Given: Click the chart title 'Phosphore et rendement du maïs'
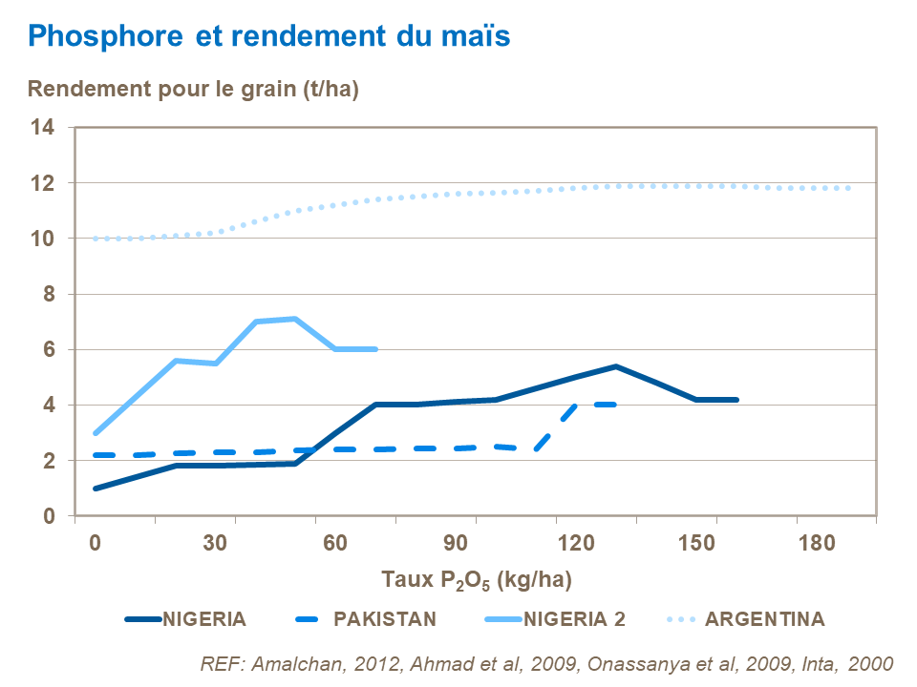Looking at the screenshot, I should click(269, 36).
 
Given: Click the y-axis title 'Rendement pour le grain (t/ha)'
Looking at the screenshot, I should click(193, 90).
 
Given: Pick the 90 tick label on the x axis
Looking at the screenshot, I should click(456, 542).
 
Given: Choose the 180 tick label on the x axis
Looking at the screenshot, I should click(816, 542).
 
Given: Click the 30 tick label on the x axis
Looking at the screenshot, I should click(215, 542).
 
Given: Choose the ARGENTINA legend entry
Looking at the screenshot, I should click(764, 618).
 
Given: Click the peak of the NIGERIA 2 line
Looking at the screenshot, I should click(296, 319).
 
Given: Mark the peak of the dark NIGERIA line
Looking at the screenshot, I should click(616, 366).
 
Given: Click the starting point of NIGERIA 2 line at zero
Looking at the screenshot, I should click(96, 433).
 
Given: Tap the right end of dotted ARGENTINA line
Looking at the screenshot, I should click(848, 188).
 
